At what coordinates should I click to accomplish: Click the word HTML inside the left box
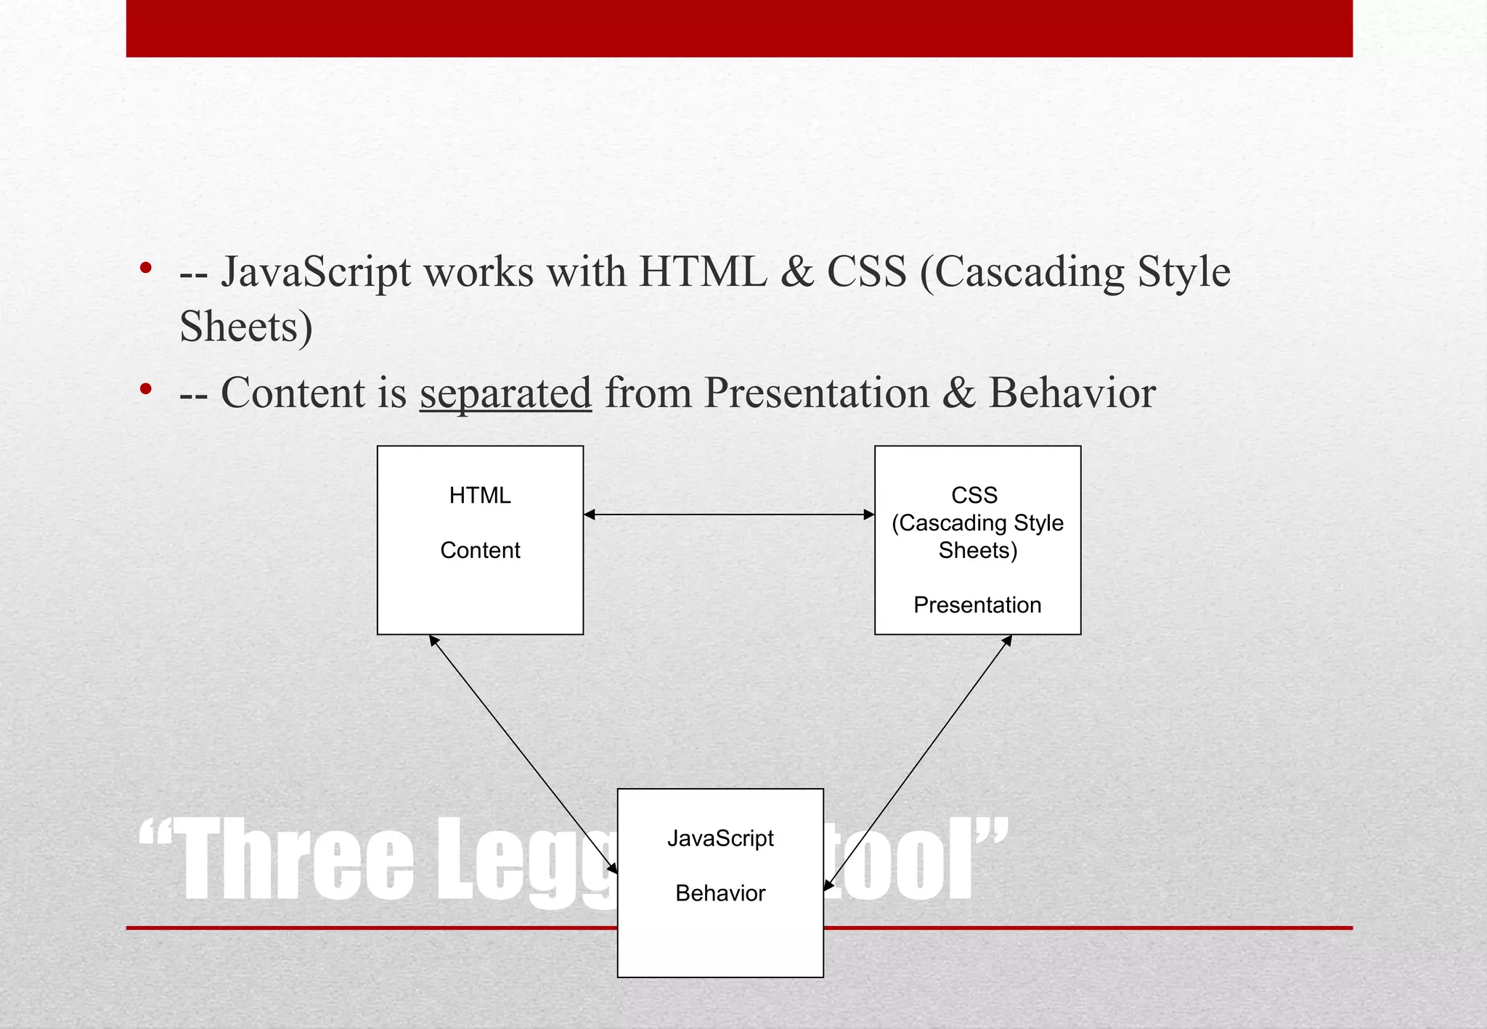coord(480,496)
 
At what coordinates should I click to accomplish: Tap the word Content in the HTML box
coord(480,551)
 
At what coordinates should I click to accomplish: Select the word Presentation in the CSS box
coord(977,605)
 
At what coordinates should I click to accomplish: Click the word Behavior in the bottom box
coord(720,893)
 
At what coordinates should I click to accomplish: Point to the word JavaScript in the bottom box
coord(720,839)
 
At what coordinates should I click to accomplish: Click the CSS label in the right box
coord(974,496)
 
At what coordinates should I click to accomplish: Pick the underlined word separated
coord(505,393)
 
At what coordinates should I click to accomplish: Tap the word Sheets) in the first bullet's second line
coord(246,327)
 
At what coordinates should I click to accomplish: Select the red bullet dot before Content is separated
coord(146,390)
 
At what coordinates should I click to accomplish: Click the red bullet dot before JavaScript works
coord(146,268)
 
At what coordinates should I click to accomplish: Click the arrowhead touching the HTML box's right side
coord(590,514)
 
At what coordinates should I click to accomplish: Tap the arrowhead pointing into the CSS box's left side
coord(868,514)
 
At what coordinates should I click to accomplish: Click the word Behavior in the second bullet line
coord(1072,393)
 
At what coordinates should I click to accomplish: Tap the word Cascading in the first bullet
coord(1030,273)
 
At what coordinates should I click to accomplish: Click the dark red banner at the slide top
coord(739,28)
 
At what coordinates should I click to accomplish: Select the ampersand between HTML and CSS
coord(797,273)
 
